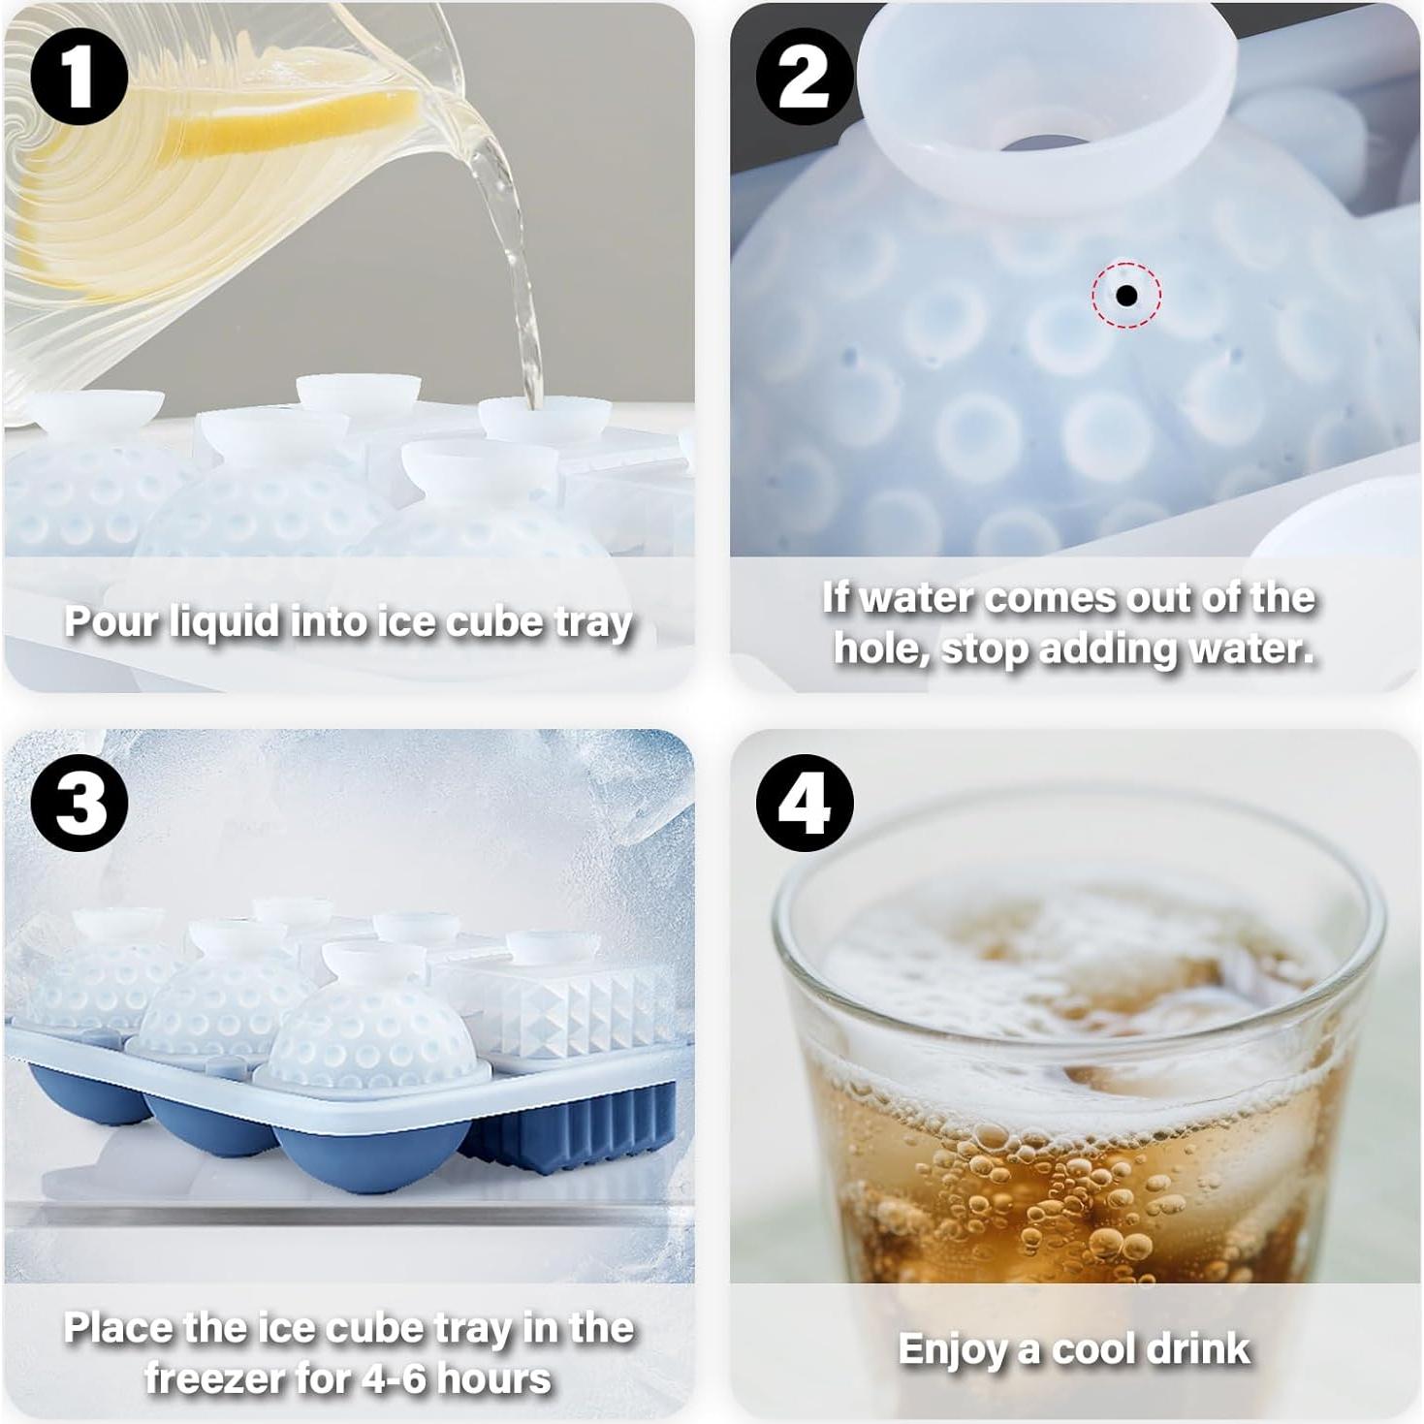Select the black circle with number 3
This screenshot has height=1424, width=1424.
[x=79, y=803]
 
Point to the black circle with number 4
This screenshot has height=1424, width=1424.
[x=804, y=803]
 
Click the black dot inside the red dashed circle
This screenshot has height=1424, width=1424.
[x=1126, y=295]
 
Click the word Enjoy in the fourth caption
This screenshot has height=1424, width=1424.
[x=952, y=1349]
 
